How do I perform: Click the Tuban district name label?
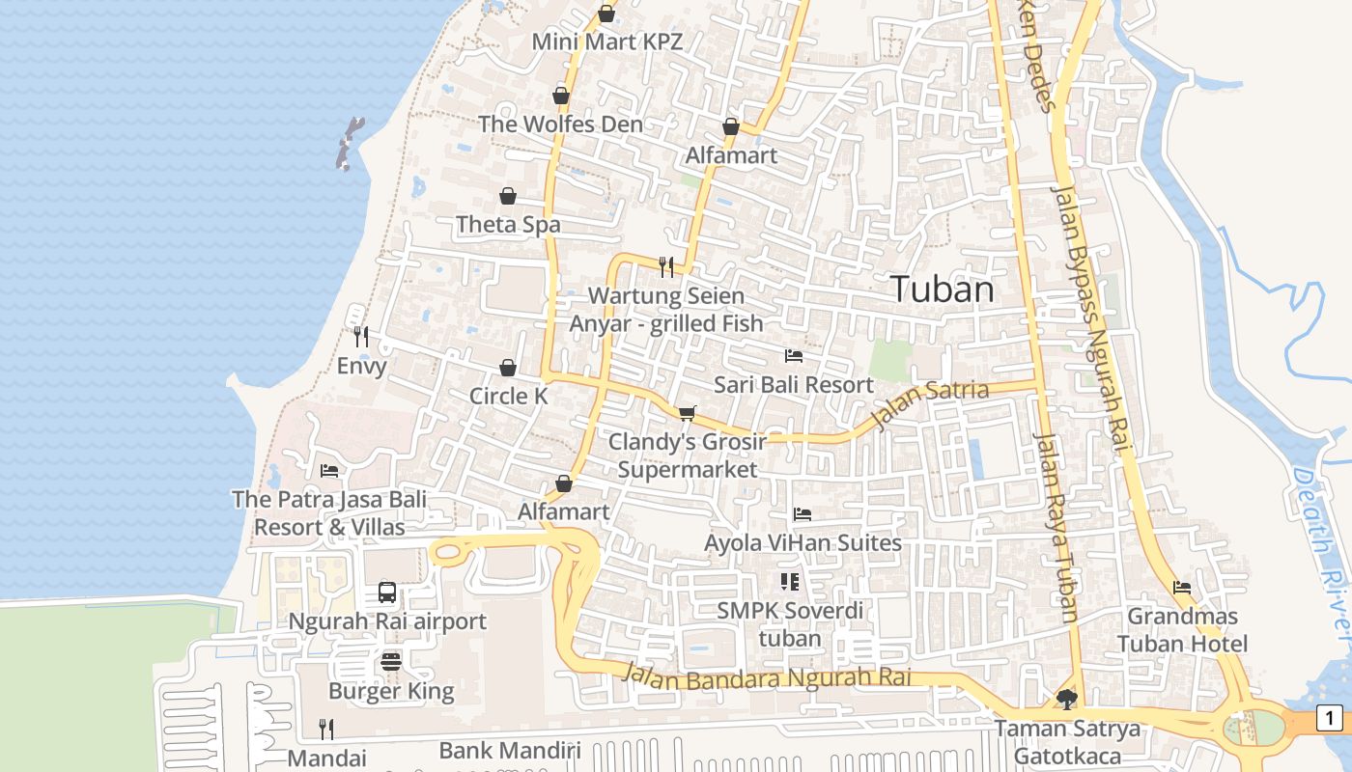(x=942, y=289)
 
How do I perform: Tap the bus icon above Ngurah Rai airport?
(x=387, y=593)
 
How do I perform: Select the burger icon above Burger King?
(x=391, y=662)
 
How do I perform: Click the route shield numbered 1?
(x=1330, y=718)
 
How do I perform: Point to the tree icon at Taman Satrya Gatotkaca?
(x=1067, y=699)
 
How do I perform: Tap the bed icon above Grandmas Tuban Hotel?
(x=1181, y=588)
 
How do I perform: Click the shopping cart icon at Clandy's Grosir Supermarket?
(x=687, y=413)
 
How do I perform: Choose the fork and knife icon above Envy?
(x=361, y=337)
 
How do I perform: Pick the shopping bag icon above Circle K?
(x=508, y=368)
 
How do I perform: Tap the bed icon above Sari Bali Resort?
(x=794, y=356)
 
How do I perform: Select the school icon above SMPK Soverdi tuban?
(x=790, y=581)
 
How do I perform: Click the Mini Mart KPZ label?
(x=607, y=41)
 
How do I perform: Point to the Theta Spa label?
(x=508, y=225)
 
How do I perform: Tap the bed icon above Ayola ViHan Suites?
(x=803, y=514)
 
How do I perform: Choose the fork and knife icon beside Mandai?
(x=326, y=729)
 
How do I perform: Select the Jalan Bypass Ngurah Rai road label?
(x=1088, y=318)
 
